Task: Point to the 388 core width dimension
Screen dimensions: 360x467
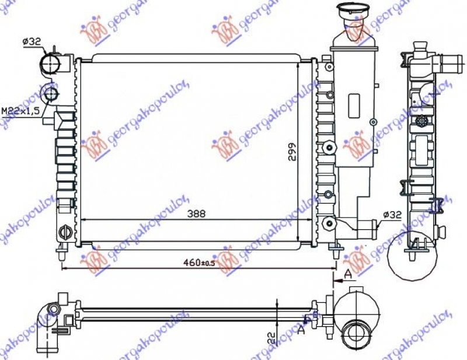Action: pos(196,214)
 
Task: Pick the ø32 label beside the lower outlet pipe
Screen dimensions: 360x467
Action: pos(392,215)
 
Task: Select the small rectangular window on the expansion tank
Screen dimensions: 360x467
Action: pos(355,106)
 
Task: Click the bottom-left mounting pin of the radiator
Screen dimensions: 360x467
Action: pos(61,252)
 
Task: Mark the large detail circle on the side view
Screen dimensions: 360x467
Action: pos(417,254)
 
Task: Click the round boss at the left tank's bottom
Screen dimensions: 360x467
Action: pos(66,232)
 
